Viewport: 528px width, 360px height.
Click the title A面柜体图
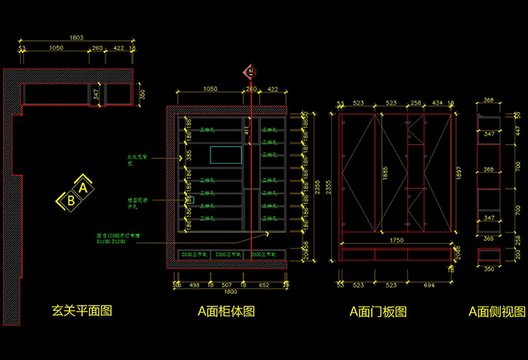point(226,310)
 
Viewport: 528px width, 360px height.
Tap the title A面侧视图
point(496,310)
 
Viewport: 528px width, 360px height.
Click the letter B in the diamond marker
point(70,201)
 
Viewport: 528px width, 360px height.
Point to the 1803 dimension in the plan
point(76,38)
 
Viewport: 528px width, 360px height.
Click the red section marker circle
point(249,72)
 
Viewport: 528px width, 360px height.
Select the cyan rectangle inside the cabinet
point(226,155)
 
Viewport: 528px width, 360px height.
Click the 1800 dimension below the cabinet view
point(231,293)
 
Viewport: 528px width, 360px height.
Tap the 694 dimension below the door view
point(428,285)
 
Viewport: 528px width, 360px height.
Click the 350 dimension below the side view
point(489,269)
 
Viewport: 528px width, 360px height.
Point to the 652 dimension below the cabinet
point(265,285)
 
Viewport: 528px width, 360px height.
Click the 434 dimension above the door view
point(438,103)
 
